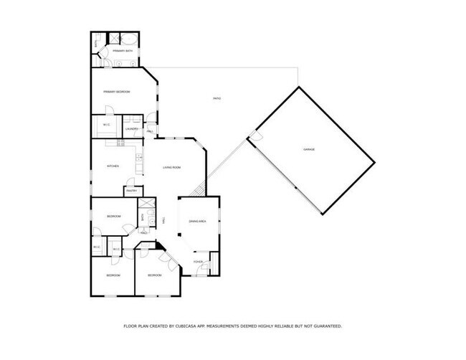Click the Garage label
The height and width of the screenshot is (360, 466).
(309, 149)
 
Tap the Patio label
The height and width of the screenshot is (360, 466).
(216, 98)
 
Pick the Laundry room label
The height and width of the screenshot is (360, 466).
(131, 129)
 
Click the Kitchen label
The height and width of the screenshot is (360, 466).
(113, 166)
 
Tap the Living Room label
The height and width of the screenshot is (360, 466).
(171, 167)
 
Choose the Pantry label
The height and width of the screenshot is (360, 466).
(132, 191)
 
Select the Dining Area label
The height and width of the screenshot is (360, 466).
(198, 222)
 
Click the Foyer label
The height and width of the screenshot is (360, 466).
(199, 262)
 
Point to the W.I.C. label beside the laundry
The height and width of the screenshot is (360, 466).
(106, 125)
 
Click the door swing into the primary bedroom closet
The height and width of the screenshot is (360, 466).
(109, 109)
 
